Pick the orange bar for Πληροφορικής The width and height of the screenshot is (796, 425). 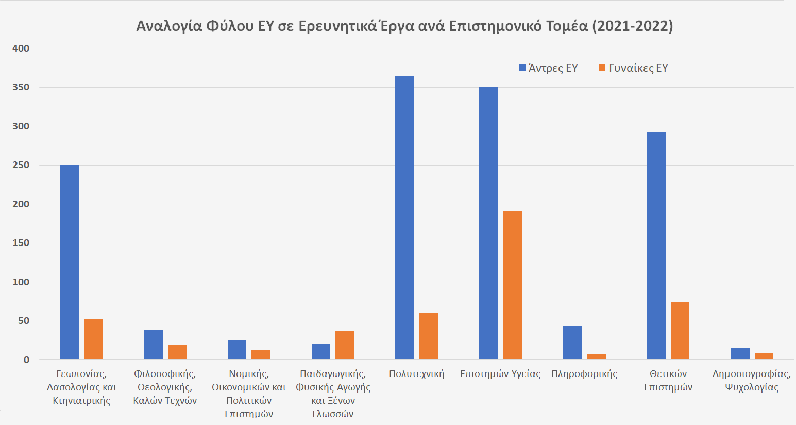click(596, 357)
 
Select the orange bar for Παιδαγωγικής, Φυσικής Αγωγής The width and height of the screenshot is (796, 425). click(345, 345)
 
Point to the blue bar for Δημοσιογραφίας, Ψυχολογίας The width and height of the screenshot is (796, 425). click(740, 354)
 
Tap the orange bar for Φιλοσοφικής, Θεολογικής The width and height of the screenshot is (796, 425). click(177, 352)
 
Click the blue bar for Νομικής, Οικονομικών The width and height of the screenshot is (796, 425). click(237, 350)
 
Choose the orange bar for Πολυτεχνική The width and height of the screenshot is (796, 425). click(428, 336)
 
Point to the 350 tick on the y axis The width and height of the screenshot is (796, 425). click(21, 87)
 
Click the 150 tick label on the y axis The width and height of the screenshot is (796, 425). click(21, 243)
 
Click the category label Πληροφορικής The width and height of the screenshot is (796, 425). click(584, 374)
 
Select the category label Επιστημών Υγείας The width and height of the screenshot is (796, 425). click(500, 374)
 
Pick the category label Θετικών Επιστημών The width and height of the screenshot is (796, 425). click(668, 380)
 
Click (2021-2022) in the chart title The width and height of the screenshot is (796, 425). click(632, 26)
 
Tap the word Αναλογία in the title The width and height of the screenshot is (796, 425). click(169, 26)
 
